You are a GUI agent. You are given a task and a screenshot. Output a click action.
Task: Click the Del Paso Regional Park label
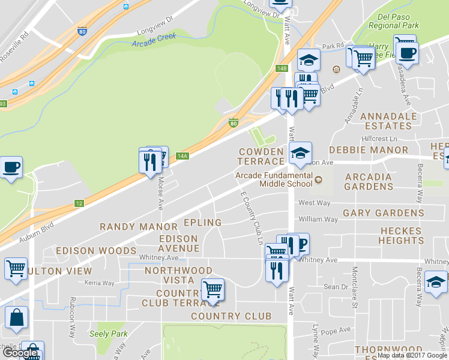pyautogui.click(x=393, y=21)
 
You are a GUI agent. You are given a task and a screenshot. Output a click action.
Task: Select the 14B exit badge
pyautogui.click(x=282, y=68)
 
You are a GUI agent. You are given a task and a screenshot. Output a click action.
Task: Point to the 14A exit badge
pyautogui.click(x=182, y=156)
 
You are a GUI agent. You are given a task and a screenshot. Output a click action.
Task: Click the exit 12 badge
pyautogui.click(x=79, y=204)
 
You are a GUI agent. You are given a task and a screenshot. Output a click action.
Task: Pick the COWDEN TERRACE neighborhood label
pyautogui.click(x=261, y=156)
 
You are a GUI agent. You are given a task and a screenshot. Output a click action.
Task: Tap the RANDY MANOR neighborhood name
pyautogui.click(x=139, y=227)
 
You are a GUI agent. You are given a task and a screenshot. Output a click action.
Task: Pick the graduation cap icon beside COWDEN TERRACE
pyautogui.click(x=300, y=152)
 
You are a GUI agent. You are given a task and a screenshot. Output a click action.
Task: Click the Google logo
pyautogui.click(x=19, y=353)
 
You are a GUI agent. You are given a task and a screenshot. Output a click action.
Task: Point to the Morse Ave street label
pyautogui.click(x=160, y=193)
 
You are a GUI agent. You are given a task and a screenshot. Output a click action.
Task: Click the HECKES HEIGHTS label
pyautogui.click(x=401, y=235)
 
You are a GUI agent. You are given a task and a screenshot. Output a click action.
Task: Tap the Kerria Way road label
pyautogui.click(x=100, y=282)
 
